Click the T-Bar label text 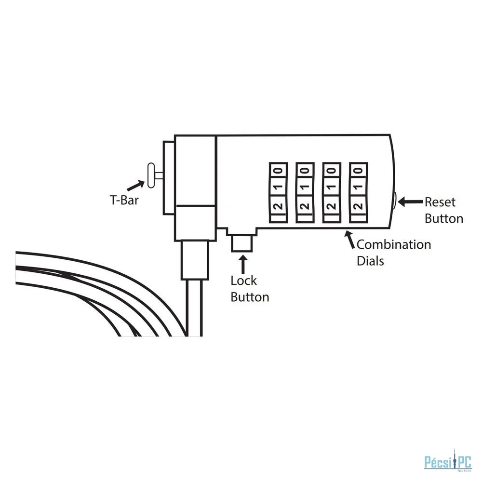124,200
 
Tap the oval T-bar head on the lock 151,175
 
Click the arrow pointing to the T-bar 135,186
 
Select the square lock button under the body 242,243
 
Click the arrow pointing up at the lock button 243,264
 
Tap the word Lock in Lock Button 243,281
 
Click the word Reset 440,202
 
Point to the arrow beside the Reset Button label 410,202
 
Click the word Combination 394,245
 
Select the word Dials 370,261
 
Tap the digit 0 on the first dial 278,171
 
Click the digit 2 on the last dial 359,206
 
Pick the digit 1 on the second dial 305,187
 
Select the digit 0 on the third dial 332,171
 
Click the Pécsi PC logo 448,463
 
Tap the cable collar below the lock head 195,260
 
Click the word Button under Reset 444,218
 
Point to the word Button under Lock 250,297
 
